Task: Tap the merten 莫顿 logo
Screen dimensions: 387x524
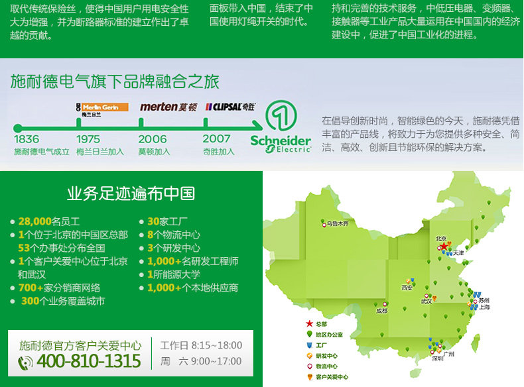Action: pyautogui.click(x=168, y=107)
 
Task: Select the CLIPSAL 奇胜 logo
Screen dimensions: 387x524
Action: pyautogui.click(x=229, y=106)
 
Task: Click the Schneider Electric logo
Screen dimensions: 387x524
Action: pyautogui.click(x=281, y=128)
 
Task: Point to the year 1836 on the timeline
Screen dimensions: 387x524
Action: pyautogui.click(x=27, y=139)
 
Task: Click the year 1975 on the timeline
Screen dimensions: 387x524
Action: pyautogui.click(x=88, y=139)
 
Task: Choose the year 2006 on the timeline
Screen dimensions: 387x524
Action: pyautogui.click(x=153, y=139)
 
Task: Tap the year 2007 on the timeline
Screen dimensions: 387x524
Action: pyautogui.click(x=217, y=139)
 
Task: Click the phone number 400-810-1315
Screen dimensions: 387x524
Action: pyautogui.click(x=88, y=361)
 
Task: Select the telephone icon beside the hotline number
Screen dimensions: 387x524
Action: pyautogui.click(x=26, y=362)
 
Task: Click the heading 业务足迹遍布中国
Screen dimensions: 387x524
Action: pyautogui.click(x=131, y=193)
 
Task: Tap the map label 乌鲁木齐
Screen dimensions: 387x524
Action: pyautogui.click(x=336, y=224)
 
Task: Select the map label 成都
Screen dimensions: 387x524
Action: pyautogui.click(x=381, y=310)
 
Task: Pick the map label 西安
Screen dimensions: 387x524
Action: pyautogui.click(x=407, y=288)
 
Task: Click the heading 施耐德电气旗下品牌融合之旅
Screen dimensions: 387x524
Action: pyautogui.click(x=115, y=82)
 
